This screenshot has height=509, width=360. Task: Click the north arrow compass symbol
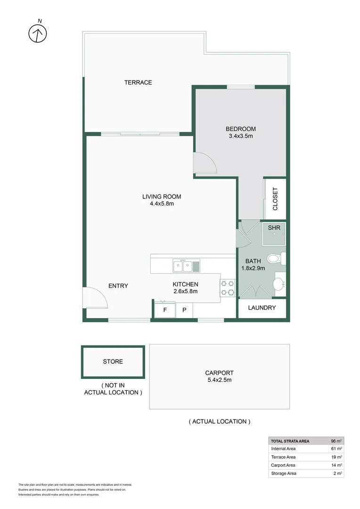(x=38, y=32)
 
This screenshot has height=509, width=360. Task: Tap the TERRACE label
(x=138, y=82)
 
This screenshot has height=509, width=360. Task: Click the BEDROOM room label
(x=240, y=129)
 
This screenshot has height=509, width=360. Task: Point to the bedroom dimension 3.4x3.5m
(x=240, y=136)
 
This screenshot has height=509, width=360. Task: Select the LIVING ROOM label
(x=162, y=197)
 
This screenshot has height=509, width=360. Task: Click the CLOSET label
(x=275, y=199)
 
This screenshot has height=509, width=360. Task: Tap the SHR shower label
(x=274, y=228)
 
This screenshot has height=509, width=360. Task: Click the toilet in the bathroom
(x=276, y=259)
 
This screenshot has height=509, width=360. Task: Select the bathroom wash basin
(x=279, y=284)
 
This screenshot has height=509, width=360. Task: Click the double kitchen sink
(x=186, y=266)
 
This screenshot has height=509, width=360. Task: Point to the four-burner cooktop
(x=228, y=288)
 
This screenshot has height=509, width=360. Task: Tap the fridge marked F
(x=164, y=310)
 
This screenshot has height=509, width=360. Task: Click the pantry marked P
(x=184, y=310)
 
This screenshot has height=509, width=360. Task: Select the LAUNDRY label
(x=262, y=308)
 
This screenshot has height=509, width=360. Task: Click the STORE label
(x=113, y=361)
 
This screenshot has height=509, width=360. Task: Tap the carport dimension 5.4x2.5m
(x=220, y=380)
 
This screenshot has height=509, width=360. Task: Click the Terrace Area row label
(x=283, y=457)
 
